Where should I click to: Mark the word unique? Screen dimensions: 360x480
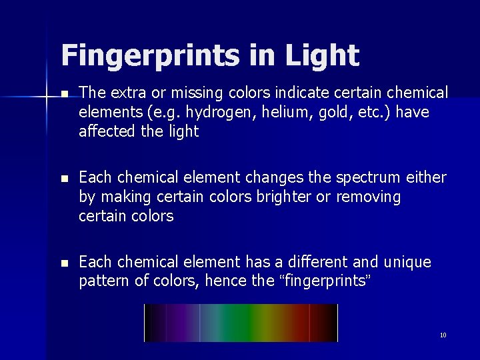pyautogui.click(x=406, y=263)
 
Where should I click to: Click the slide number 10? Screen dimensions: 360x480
pyautogui.click(x=443, y=335)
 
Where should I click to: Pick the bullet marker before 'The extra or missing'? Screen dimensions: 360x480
pyautogui.click(x=63, y=94)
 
